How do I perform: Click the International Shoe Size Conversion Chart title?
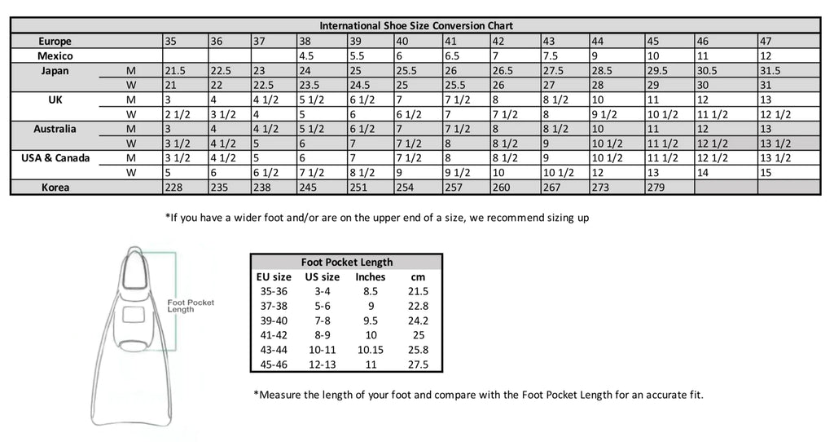[416, 26]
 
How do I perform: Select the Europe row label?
[55, 41]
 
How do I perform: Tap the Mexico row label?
[55, 55]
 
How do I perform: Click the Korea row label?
[55, 188]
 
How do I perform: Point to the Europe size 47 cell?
[787, 41]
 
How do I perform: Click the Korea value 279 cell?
[669, 188]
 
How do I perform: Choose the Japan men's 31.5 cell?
[787, 71]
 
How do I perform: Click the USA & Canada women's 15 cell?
[787, 173]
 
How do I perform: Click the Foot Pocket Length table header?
[346, 262]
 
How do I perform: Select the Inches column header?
[371, 276]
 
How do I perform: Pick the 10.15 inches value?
[371, 350]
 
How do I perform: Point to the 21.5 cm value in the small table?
[418, 291]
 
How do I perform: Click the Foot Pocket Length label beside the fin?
[190, 306]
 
